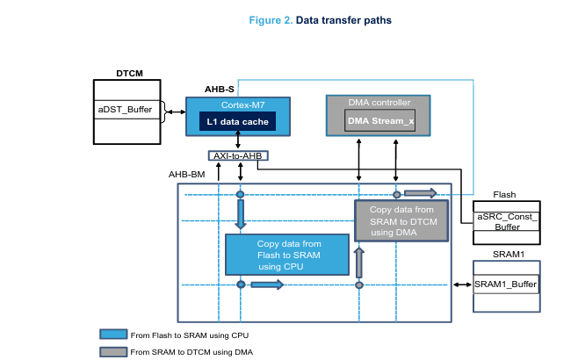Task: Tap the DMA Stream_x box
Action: click(379, 120)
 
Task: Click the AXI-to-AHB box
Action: click(238, 155)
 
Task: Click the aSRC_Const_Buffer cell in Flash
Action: click(506, 221)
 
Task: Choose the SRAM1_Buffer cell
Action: click(506, 284)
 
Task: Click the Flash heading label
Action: click(504, 195)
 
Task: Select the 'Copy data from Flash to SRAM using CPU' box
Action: click(282, 255)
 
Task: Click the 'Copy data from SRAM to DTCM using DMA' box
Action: click(400, 221)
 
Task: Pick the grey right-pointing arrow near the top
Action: click(420, 193)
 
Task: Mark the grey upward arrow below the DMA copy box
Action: click(358, 260)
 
